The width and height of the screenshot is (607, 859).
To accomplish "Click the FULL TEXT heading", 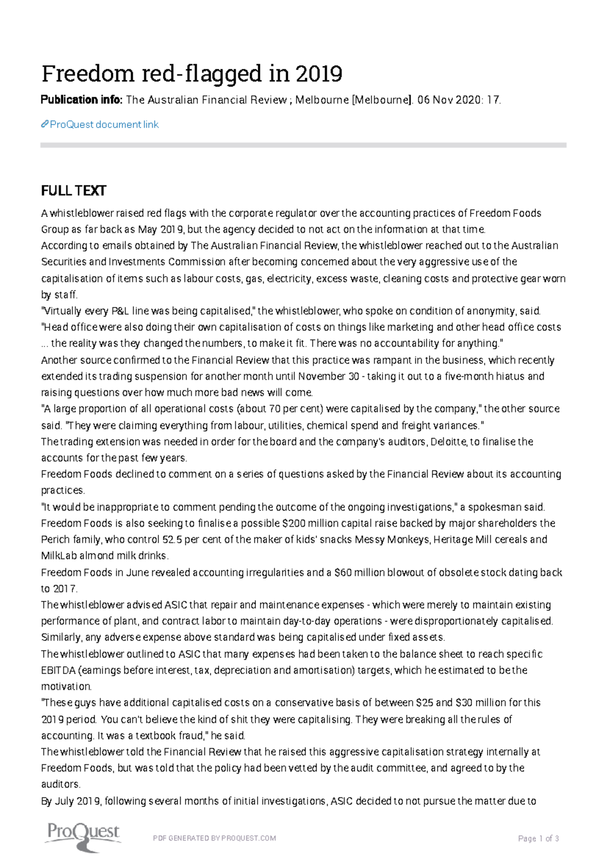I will tap(73, 191).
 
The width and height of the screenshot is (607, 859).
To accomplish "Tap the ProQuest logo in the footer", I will tap(82, 838).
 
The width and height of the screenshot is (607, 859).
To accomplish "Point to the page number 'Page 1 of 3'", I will tap(538, 838).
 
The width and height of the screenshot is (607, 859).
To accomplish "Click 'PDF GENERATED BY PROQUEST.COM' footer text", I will tap(214, 838).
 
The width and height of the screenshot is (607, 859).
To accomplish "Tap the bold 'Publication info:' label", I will tap(81, 100).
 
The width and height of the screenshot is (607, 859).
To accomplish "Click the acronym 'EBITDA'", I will tap(58, 670).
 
